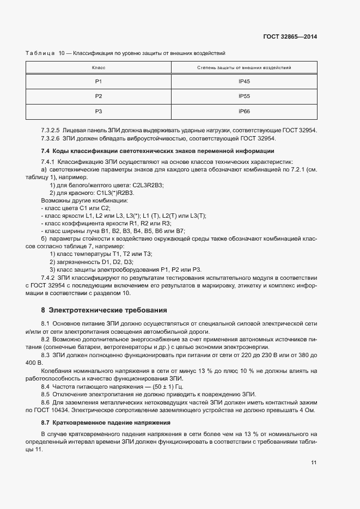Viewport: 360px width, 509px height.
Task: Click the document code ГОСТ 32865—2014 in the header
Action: coord(290,37)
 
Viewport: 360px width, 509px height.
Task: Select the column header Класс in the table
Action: coord(99,68)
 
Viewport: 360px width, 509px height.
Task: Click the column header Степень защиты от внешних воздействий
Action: coord(243,68)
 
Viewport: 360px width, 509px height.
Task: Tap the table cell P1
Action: coord(99,81)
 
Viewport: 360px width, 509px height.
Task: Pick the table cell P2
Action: coord(99,96)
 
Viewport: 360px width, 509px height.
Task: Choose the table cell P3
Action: coord(99,111)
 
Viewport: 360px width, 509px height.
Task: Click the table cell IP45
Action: coord(243,81)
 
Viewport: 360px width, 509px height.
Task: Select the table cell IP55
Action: coord(243,96)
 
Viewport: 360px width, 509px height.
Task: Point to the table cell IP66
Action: coord(243,111)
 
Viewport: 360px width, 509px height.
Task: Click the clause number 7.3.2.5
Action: coord(50,131)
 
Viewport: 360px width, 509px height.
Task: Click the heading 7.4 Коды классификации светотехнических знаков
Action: coord(157,151)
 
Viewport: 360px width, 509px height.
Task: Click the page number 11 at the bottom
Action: coord(314,463)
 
